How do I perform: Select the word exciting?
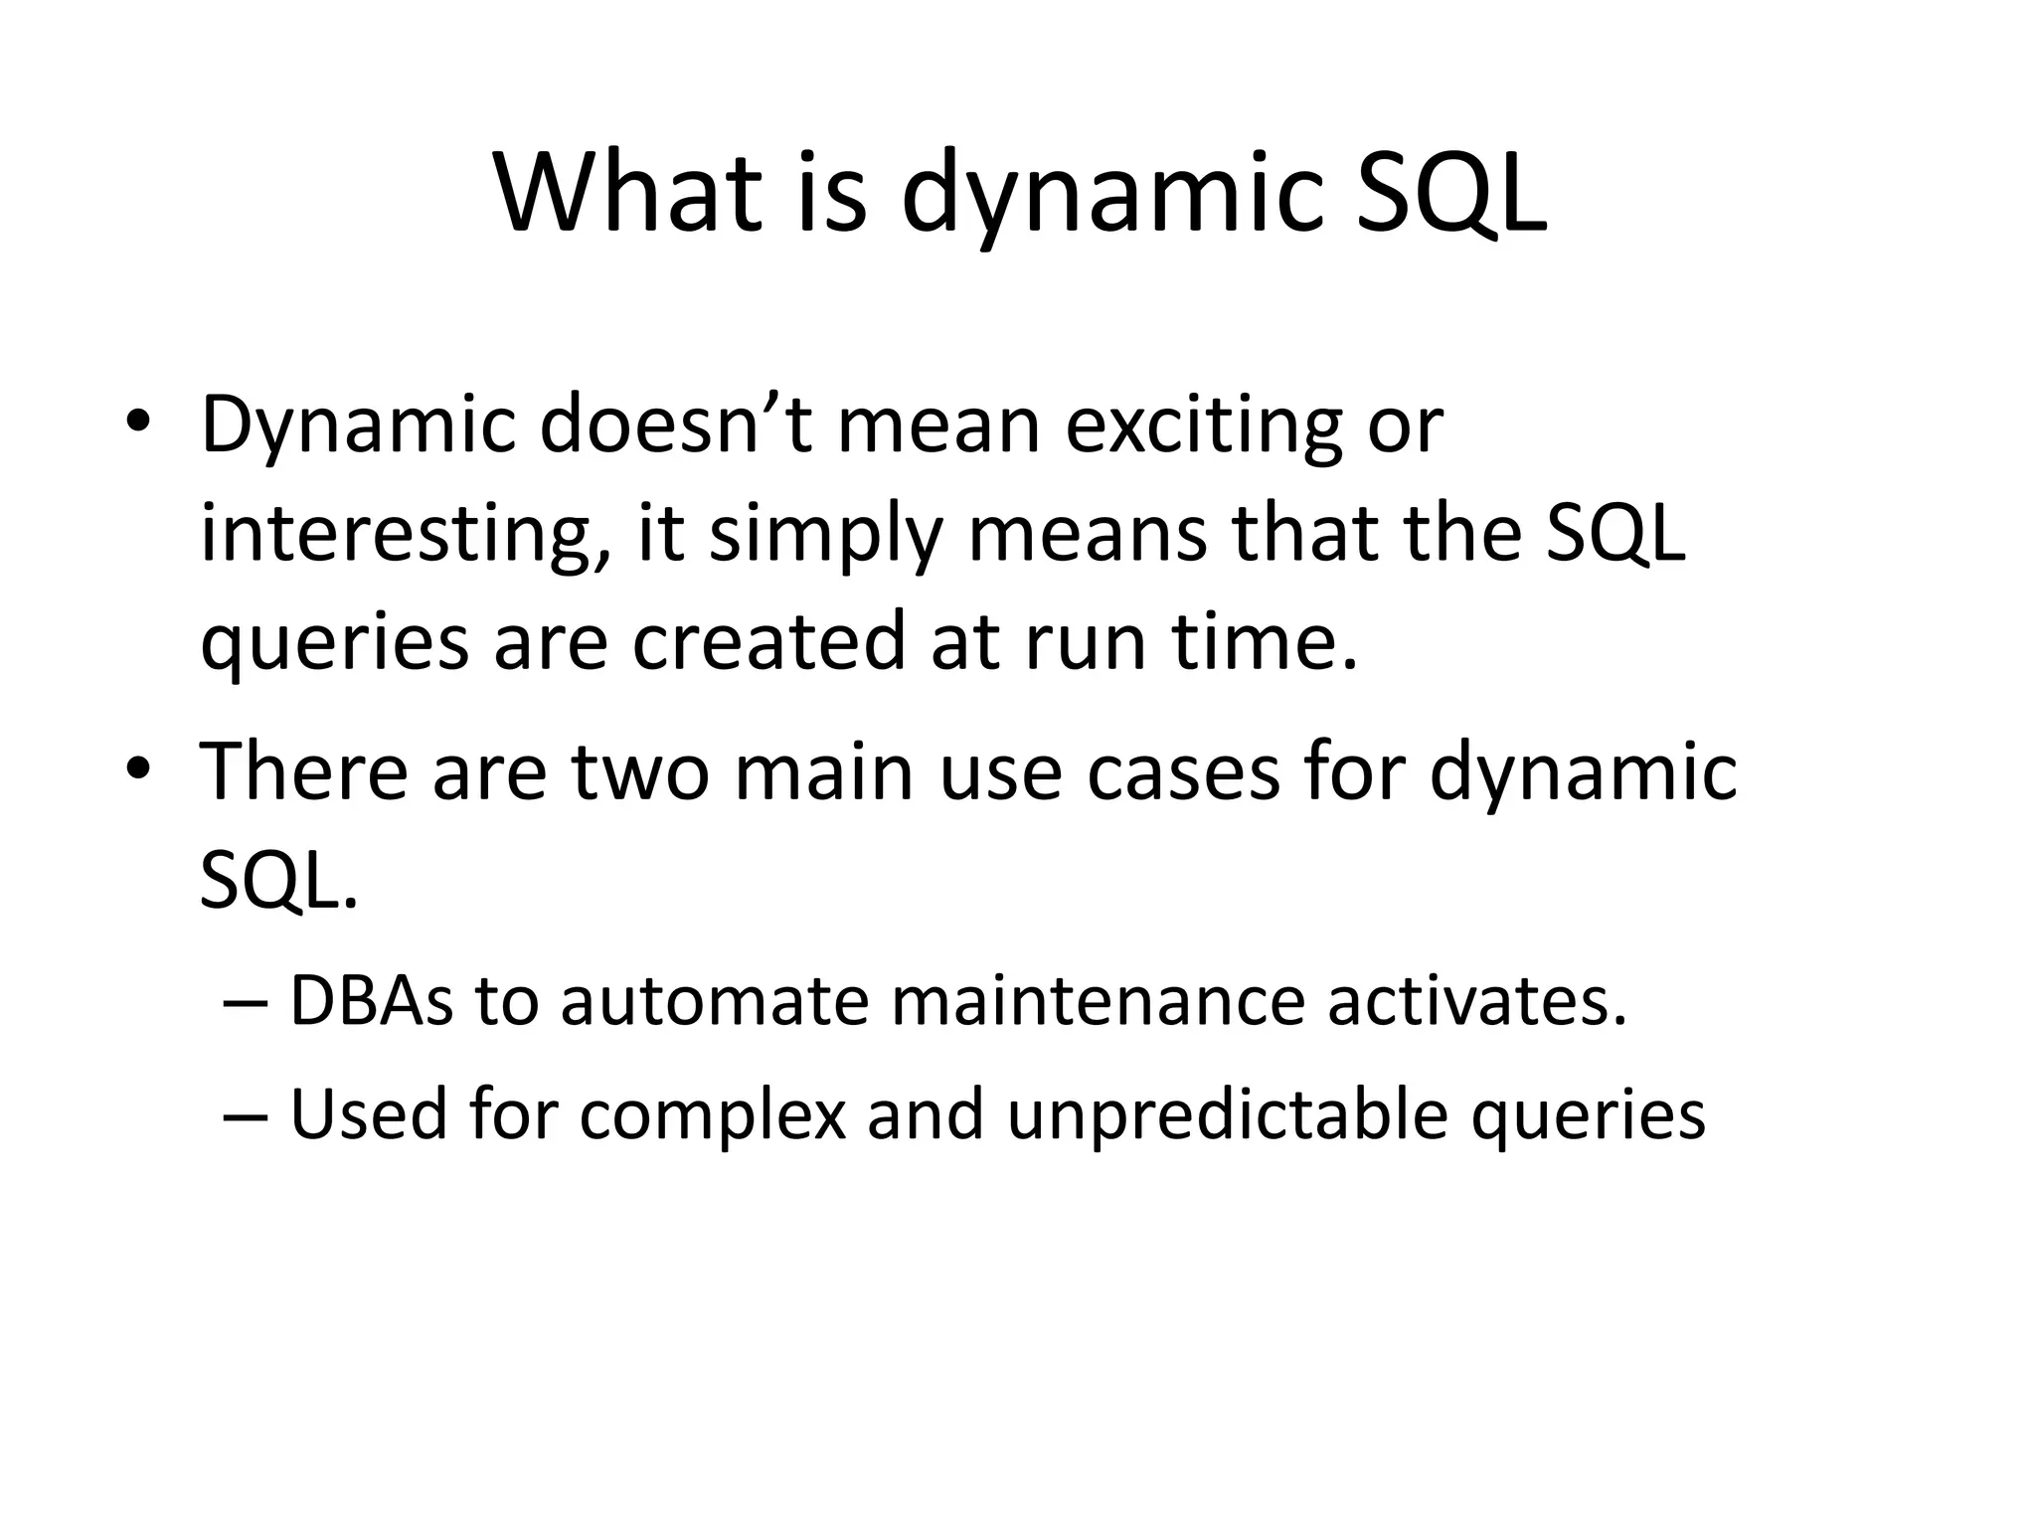1203,425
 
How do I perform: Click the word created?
768,641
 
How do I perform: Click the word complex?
712,1114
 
